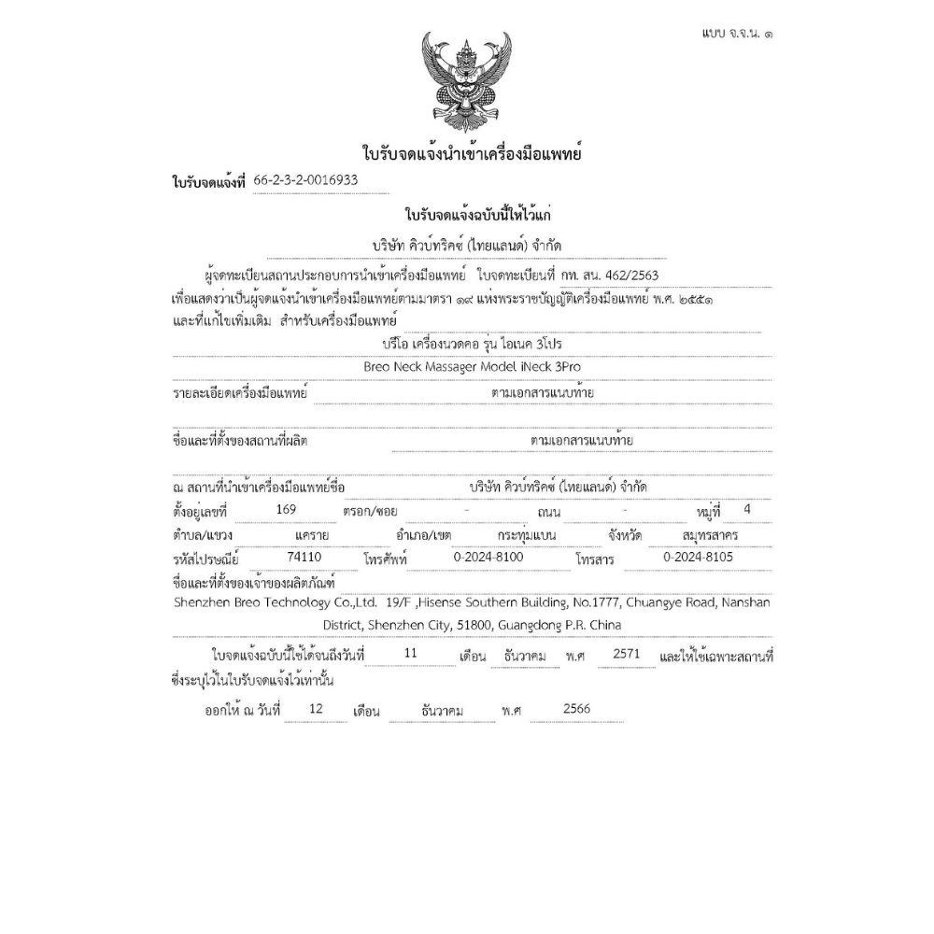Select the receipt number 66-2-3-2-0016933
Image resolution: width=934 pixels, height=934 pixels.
click(306, 180)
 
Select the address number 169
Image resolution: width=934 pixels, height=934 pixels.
click(287, 509)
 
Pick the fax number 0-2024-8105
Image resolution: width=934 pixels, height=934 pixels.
click(696, 557)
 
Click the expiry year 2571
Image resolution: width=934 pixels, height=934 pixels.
click(626, 655)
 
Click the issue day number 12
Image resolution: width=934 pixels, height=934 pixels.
click(315, 709)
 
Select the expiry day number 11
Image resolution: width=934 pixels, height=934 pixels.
click(410, 655)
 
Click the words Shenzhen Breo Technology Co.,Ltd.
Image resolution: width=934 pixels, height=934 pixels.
click(275, 602)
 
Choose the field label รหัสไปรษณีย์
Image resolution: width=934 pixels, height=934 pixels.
click(205, 559)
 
